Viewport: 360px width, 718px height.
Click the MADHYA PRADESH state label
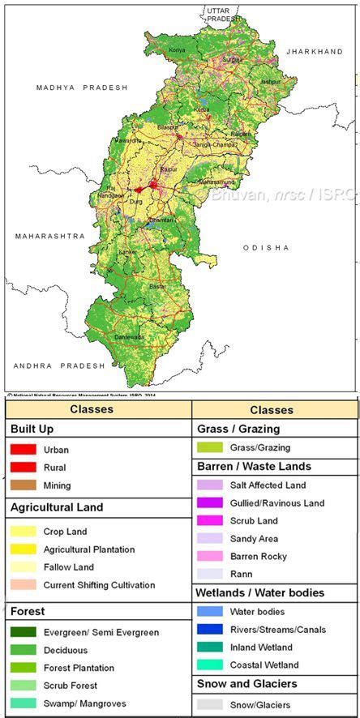[x=82, y=87]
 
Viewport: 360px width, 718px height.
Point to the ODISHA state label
[x=265, y=247]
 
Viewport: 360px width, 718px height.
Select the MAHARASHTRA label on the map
[x=49, y=236]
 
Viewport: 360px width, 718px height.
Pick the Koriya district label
[x=177, y=50]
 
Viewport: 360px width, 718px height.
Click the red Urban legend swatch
[x=23, y=449]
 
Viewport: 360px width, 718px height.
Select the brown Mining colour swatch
[x=23, y=485]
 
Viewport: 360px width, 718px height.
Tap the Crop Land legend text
[x=66, y=532]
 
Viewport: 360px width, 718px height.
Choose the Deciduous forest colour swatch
[x=23, y=651]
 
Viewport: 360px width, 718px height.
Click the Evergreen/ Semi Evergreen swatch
[x=23, y=633]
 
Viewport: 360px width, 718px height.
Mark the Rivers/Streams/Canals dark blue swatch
[x=209, y=629]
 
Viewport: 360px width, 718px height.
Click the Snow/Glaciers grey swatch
[x=209, y=705]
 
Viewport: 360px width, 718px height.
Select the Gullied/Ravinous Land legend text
[x=276, y=503]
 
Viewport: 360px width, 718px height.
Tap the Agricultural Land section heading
[x=57, y=508]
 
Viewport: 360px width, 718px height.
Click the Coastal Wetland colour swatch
[x=209, y=665]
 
